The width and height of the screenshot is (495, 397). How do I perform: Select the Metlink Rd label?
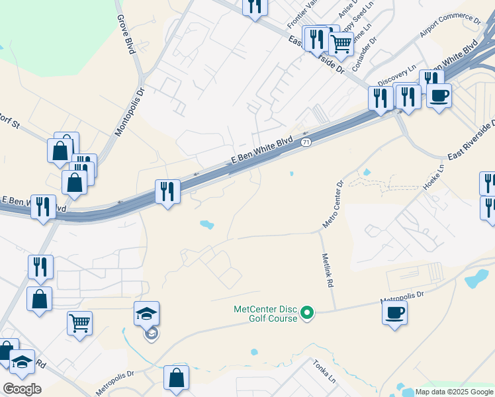pos(326,270)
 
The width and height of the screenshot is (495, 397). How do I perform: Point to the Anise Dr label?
pos(347,9)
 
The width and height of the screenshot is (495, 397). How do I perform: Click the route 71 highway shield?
pos(305,142)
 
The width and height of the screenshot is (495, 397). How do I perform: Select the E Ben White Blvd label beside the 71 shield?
pos(261,151)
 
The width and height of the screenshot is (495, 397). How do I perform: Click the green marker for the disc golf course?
pos(307,312)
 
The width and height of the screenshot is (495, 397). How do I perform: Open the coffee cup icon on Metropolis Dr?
pos(394,312)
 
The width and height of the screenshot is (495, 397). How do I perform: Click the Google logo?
pos(22,389)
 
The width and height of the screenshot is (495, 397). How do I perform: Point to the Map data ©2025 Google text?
pos(455,392)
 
